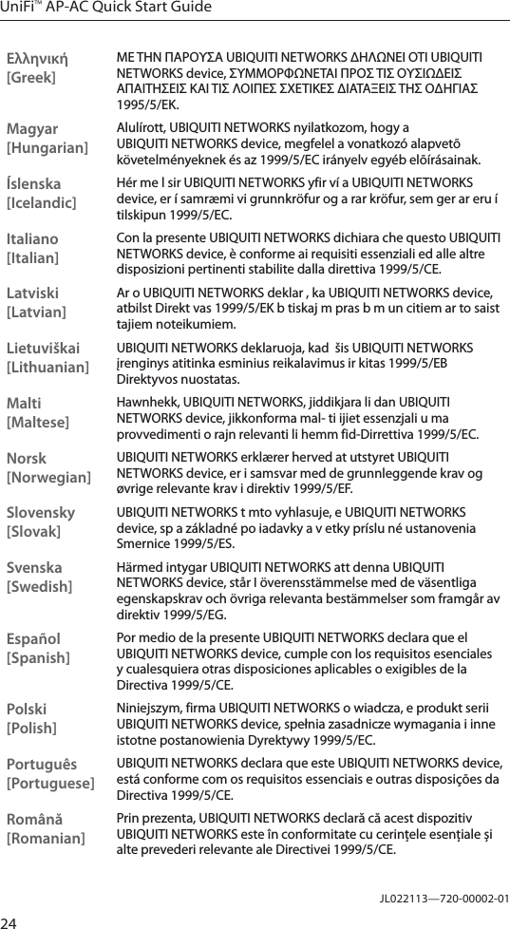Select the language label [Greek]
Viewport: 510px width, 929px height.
click(30, 76)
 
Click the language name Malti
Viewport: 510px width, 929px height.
click(24, 403)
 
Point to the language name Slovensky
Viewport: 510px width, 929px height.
click(41, 513)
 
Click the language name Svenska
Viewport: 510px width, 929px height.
click(35, 568)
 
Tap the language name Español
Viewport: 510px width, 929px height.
click(33, 639)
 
